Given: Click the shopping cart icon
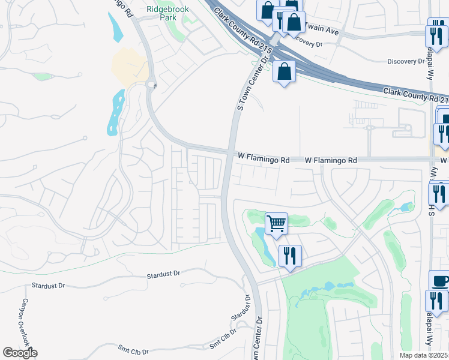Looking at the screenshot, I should (x=276, y=224).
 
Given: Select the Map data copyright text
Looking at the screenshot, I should (x=424, y=355).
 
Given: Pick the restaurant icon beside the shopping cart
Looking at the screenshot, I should (x=289, y=256).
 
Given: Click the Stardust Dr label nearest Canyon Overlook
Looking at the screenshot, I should (x=47, y=286).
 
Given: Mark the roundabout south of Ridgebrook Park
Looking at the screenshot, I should (x=151, y=85).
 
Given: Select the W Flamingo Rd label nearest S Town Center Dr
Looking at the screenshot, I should (x=264, y=160).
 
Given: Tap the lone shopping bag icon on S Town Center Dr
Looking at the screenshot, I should (x=284, y=72).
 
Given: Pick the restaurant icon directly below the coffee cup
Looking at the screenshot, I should (x=436, y=301).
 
